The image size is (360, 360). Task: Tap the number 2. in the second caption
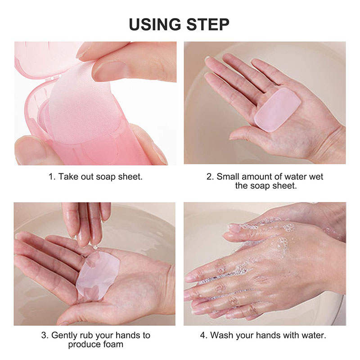pyautogui.click(x=210, y=176)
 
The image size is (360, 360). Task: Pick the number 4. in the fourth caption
pyautogui.click(x=202, y=336)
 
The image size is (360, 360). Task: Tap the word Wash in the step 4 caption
pyautogui.click(x=221, y=336)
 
